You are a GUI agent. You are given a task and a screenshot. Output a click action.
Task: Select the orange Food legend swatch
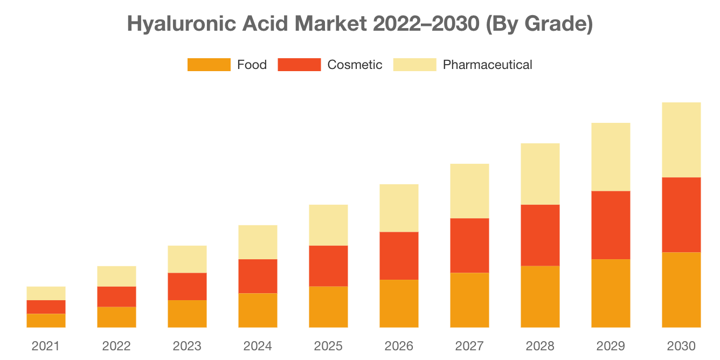(209, 65)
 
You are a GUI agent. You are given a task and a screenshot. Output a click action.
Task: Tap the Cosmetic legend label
(355, 65)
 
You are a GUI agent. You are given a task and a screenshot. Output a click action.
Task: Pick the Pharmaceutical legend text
(487, 65)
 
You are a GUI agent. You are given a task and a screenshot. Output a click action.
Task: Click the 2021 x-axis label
(46, 346)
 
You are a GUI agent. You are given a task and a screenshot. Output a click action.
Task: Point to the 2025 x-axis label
(328, 346)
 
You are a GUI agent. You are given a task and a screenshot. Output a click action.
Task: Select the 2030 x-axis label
(681, 346)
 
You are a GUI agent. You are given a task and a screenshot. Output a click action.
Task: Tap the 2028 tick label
(540, 346)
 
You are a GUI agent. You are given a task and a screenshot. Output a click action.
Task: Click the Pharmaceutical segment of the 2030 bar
(681, 140)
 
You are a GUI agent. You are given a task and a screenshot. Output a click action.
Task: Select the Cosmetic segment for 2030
(681, 214)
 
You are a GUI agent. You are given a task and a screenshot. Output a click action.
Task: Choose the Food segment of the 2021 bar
(46, 321)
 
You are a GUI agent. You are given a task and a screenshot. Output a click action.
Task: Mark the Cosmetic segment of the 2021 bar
(46, 307)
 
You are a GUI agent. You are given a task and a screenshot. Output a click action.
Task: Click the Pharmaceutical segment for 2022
(116, 276)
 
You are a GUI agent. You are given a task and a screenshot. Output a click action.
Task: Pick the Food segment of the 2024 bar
(258, 310)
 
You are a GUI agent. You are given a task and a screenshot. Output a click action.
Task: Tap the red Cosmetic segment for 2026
(399, 255)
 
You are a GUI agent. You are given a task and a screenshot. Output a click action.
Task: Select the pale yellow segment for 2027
(469, 191)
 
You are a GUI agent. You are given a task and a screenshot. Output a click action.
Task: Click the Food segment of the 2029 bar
(611, 293)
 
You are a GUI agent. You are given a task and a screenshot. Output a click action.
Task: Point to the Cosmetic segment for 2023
(187, 286)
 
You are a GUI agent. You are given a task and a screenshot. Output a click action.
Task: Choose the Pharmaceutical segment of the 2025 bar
(328, 225)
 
